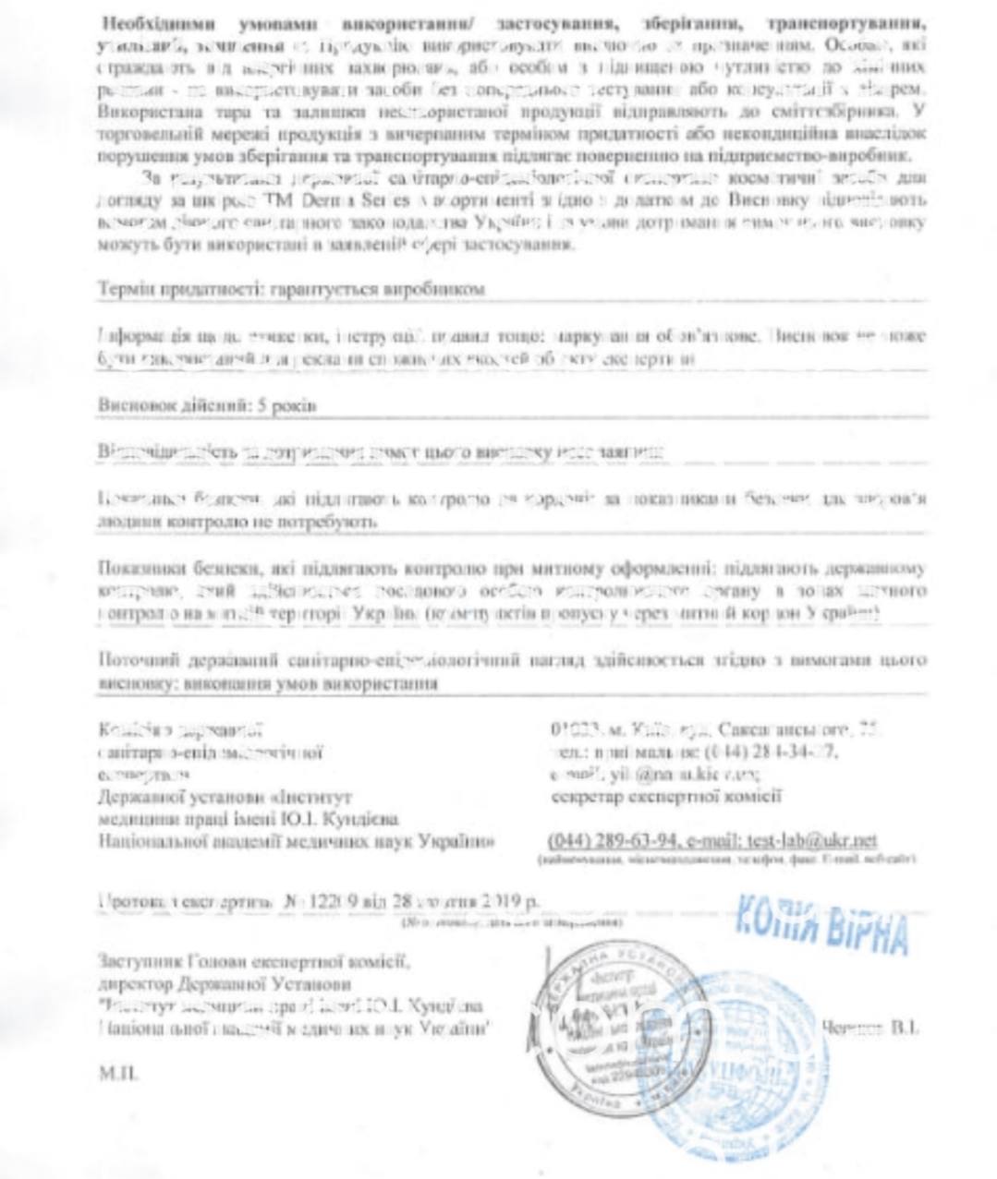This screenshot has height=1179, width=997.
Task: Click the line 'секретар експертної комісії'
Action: pos(664,795)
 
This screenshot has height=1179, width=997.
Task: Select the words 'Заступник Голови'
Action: pos(159,962)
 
